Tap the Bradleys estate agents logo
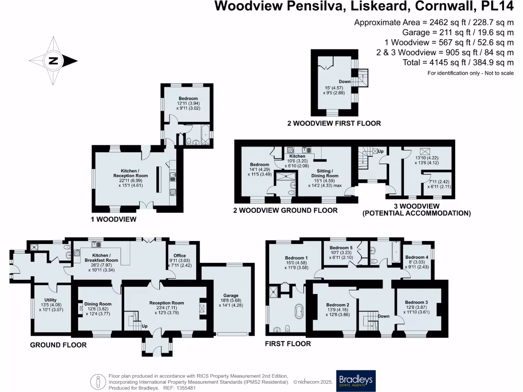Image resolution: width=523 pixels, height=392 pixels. click(355, 380)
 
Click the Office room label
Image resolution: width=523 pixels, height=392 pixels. click(179, 256)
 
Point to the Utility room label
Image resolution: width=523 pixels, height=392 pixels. click(50, 300)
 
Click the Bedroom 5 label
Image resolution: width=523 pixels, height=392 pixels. click(341, 248)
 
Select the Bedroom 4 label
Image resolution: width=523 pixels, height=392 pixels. click(416, 257)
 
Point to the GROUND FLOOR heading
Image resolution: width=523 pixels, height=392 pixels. click(58, 345)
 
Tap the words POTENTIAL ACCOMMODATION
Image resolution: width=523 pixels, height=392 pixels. click(416, 213)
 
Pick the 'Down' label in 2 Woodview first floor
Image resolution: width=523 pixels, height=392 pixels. click(344, 82)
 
